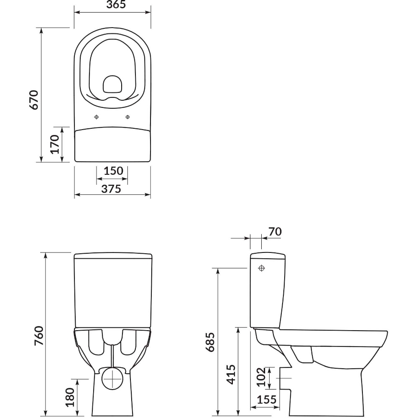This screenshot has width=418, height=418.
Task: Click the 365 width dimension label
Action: click(116, 5)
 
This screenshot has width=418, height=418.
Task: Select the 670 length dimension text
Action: click(34, 100)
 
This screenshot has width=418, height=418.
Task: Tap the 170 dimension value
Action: click(55, 144)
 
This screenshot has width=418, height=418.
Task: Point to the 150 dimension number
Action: click(113, 171)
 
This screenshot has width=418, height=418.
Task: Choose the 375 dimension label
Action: click(111, 189)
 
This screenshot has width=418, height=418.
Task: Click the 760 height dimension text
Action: click(39, 336)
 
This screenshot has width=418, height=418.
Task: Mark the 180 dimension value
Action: click(70, 398)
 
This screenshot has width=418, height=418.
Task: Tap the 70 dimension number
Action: click(275, 232)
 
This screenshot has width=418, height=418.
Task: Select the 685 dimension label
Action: click(210, 342)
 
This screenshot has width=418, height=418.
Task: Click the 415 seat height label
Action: click(231, 375)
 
